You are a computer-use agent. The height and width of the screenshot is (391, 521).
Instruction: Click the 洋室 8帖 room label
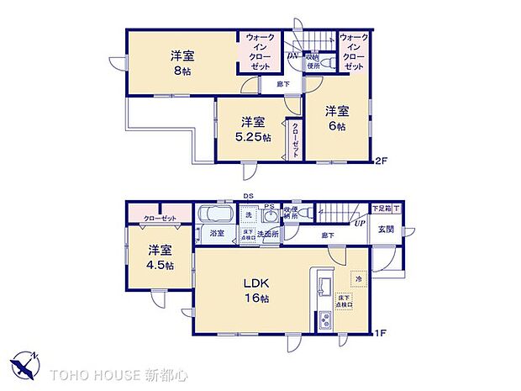coord(182,64)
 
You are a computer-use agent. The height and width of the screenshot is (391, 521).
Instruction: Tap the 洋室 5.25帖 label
coord(254,129)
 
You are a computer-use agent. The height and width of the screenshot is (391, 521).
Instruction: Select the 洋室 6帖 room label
coord(337,118)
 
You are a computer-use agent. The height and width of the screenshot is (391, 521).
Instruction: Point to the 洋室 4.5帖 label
coord(158,257)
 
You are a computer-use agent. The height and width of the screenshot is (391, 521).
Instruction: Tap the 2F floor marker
coord(381,161)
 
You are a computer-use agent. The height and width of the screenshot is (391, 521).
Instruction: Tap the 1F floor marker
coord(381,333)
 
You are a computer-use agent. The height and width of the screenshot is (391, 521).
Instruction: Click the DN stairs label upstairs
coord(293,56)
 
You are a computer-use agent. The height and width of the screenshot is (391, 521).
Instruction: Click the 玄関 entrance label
coord(386,230)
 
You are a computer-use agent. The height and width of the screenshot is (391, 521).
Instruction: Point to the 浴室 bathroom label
coord(217,233)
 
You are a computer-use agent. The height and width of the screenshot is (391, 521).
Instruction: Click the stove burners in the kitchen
coord(324,320)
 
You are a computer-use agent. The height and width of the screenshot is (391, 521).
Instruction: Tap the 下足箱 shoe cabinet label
coord(382,208)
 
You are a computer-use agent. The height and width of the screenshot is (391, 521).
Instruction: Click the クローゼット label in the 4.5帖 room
coord(160,217)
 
